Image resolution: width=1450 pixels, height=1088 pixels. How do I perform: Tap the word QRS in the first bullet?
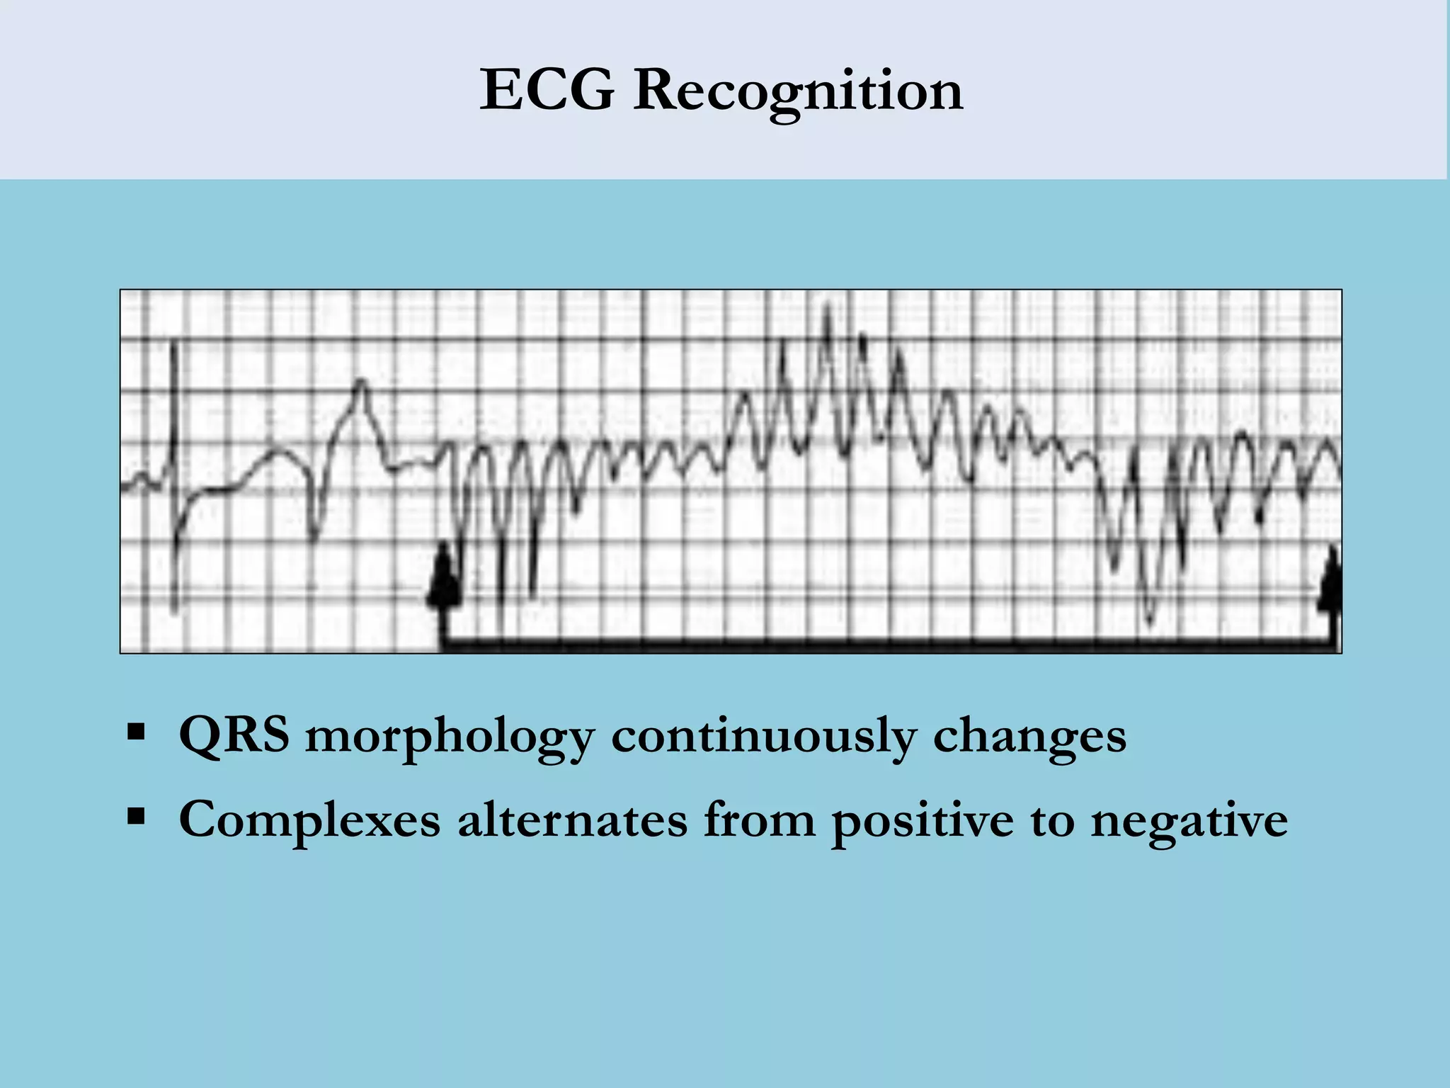click(x=234, y=735)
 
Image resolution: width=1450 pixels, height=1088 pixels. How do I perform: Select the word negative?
click(x=1189, y=820)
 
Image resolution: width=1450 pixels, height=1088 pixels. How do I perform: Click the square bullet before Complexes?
click(x=135, y=816)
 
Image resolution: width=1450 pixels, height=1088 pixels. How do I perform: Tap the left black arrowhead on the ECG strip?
click(x=444, y=577)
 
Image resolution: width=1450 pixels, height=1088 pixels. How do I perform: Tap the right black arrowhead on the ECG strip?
click(x=1332, y=577)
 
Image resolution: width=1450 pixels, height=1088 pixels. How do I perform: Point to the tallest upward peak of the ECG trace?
click(x=827, y=309)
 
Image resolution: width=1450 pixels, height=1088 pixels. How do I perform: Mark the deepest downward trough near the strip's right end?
click(x=1150, y=620)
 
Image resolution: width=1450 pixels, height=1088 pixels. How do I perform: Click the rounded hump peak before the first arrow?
click(x=362, y=383)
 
